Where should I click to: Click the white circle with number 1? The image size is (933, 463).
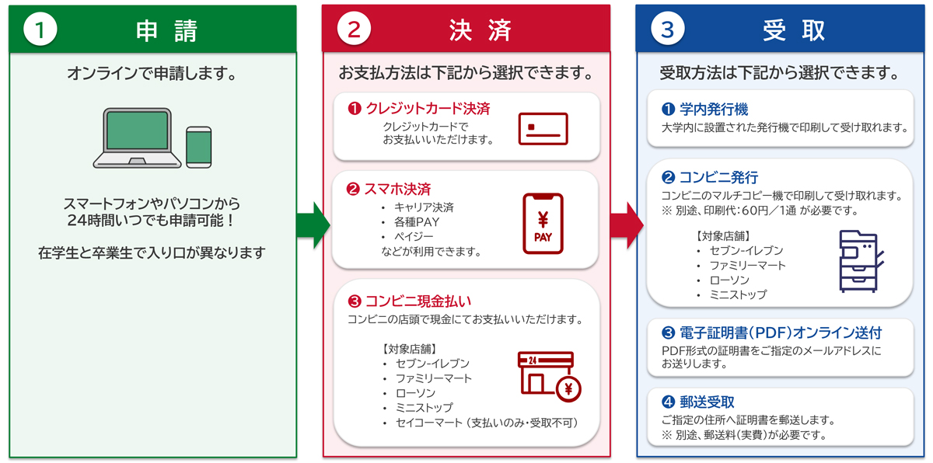point(40,29)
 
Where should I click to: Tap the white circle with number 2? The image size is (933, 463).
point(354,29)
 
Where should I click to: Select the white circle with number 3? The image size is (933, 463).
point(668,29)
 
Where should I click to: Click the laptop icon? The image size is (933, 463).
point(137,138)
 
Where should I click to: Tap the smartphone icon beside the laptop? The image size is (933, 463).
point(199,148)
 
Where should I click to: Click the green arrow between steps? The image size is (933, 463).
point(313,225)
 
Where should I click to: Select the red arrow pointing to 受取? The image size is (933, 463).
point(627,225)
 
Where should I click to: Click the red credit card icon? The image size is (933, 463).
point(543,129)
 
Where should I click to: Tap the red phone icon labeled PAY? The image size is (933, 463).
point(543,224)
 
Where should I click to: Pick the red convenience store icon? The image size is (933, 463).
point(549,377)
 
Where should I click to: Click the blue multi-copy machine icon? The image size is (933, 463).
point(861,261)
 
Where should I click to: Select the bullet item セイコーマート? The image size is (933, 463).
point(429,423)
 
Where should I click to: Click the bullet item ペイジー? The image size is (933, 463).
point(414,237)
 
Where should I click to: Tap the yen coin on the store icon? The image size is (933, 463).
point(568,389)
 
